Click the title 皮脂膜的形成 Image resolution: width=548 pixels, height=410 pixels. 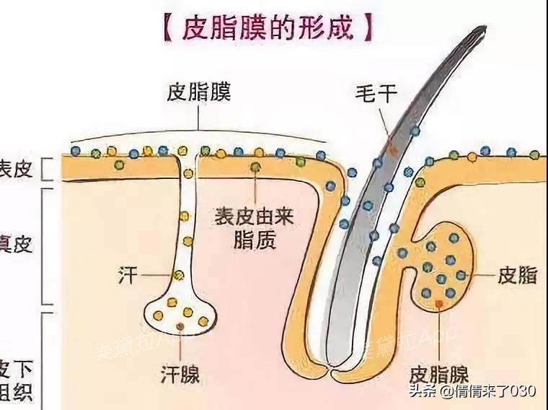(x=268, y=28)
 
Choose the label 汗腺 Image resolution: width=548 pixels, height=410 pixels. (x=180, y=375)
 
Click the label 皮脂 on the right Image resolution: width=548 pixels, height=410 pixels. (x=516, y=276)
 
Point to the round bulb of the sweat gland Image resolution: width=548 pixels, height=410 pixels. (x=180, y=310)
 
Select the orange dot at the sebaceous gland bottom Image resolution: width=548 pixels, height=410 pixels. (x=438, y=304)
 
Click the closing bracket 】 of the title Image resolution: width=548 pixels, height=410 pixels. (x=369, y=28)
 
